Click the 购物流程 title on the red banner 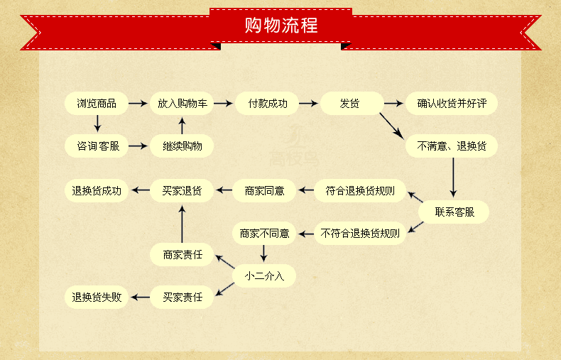[x=280, y=26]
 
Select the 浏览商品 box [x=97, y=104]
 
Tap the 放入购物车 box [x=182, y=104]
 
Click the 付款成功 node [x=267, y=104]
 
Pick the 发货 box [x=351, y=104]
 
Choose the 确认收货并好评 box [x=452, y=104]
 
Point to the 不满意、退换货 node [x=452, y=146]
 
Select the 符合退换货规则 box [x=361, y=190]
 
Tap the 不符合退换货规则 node [x=360, y=233]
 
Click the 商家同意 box [x=264, y=190]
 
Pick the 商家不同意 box [x=264, y=233]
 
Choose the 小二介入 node [x=264, y=276]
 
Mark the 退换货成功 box [x=97, y=190]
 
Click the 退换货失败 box [x=97, y=297]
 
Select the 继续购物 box [x=182, y=146]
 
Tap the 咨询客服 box [x=97, y=146]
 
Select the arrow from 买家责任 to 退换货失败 [x=139, y=297]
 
